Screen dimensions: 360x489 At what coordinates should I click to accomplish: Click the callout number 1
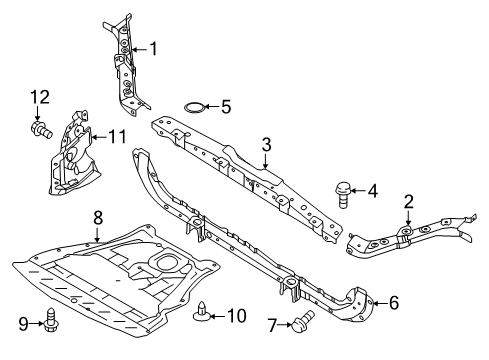[154, 47]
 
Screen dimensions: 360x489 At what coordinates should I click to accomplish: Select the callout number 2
[408, 202]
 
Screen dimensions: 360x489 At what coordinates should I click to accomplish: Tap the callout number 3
[266, 144]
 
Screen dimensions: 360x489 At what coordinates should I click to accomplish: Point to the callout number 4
[373, 190]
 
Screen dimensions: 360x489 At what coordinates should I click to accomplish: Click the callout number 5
[226, 105]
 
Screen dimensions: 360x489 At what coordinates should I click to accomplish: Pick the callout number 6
[393, 302]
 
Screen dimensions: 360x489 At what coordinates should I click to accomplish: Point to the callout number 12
[38, 97]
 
